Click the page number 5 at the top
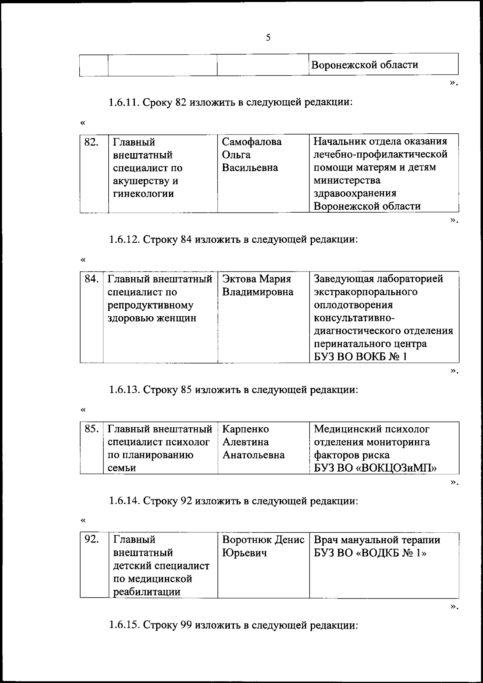pyautogui.click(x=268, y=38)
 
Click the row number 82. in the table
pyautogui.click(x=91, y=142)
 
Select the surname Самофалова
pyautogui.click(x=252, y=142)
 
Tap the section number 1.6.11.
pyautogui.click(x=124, y=102)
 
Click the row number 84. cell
pyautogui.click(x=91, y=279)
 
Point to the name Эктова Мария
pyautogui.click(x=256, y=279)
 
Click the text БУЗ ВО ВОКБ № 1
pyautogui.click(x=360, y=357)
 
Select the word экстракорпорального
pyautogui.click(x=365, y=292)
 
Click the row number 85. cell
pyautogui.click(x=91, y=429)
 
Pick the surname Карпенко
pyautogui.click(x=246, y=429)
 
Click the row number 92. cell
pyautogui.click(x=91, y=539)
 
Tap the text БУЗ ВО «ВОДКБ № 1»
pyautogui.click(x=370, y=553)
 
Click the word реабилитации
pyautogui.click(x=147, y=592)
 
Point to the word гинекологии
pyautogui.click(x=143, y=194)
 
